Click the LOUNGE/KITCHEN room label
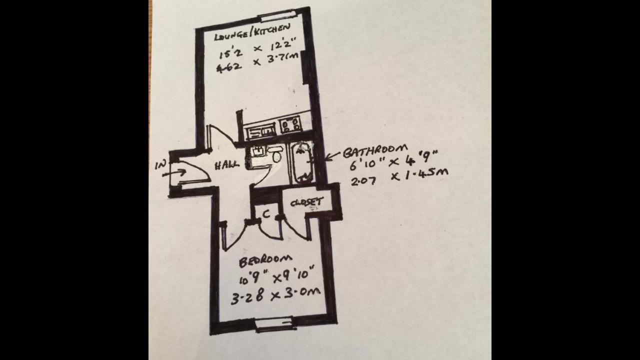coord(251,35)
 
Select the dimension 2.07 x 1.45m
coord(398,177)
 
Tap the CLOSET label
coord(306,202)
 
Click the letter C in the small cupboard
coord(266,214)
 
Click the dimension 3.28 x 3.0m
coord(275,296)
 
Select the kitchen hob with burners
coord(290,124)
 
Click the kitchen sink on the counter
coord(260,131)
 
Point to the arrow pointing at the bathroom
coord(332,156)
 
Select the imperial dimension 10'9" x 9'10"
coord(276,276)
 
